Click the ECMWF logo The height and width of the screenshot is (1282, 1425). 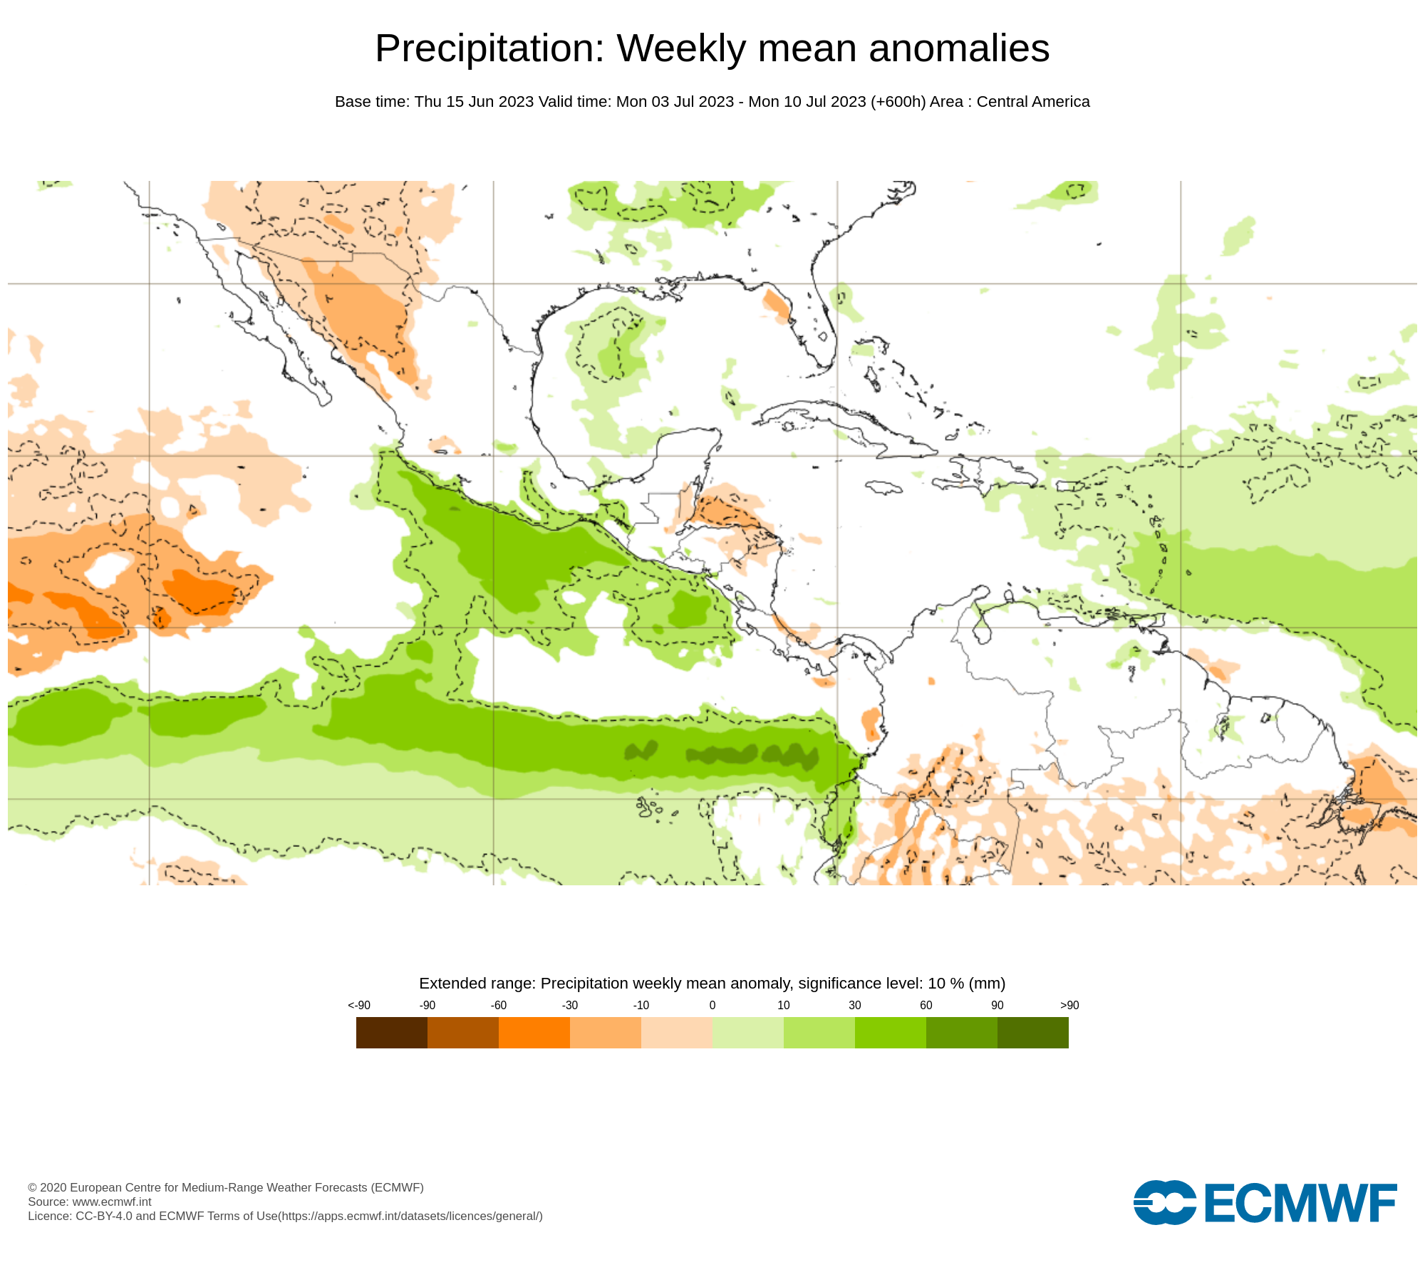coord(1265,1203)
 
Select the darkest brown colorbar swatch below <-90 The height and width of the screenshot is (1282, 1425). coord(391,1033)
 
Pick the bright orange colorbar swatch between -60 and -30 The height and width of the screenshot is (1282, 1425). coord(534,1033)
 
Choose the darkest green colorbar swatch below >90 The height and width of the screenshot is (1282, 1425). coord(1032,1033)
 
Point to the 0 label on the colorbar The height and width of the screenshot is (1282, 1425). coord(712,1006)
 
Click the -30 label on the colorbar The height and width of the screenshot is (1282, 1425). coord(569,1006)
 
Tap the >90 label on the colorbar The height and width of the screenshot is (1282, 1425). coord(1069,1006)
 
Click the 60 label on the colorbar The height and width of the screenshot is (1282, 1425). coord(926,1006)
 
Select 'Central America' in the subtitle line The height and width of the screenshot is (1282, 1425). coord(1033,102)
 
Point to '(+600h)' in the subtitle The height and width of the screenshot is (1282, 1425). coord(898,102)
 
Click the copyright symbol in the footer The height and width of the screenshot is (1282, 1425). coord(32,1187)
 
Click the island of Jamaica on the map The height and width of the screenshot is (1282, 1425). coord(884,488)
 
